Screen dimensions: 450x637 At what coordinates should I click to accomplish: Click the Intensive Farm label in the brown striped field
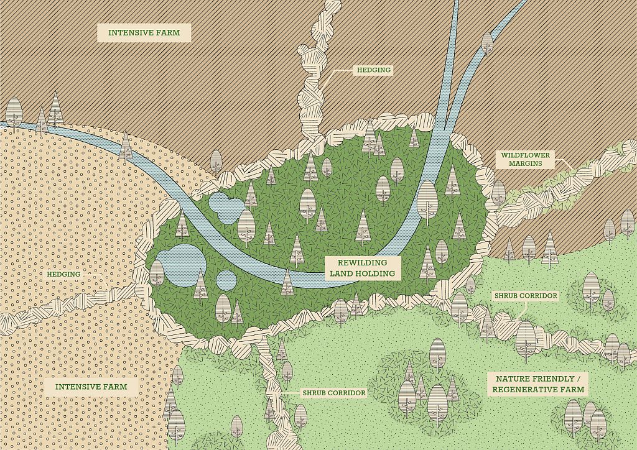pyautogui.click(x=144, y=32)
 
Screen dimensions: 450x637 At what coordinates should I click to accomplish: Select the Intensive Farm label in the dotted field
pyautogui.click(x=91, y=387)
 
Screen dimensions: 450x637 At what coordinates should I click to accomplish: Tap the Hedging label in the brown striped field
pyautogui.click(x=373, y=70)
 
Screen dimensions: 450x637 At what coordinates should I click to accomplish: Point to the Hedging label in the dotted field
pyautogui.click(x=63, y=274)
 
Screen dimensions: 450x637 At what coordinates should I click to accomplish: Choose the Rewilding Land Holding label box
pyautogui.click(x=362, y=268)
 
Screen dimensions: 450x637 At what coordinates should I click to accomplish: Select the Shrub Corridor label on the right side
pyautogui.click(x=525, y=296)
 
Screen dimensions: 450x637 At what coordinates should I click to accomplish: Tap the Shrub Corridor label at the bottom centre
pyautogui.click(x=333, y=393)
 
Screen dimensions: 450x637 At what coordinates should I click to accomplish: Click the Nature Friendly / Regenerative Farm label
pyautogui.click(x=539, y=384)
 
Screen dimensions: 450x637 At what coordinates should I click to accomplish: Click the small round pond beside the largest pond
pyautogui.click(x=226, y=280)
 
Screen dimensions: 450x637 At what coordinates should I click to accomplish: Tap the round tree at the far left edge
pyautogui.click(x=14, y=112)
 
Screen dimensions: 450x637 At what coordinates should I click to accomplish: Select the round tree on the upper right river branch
pyautogui.click(x=487, y=43)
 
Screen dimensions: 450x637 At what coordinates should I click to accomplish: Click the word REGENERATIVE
pyautogui.click(x=539, y=390)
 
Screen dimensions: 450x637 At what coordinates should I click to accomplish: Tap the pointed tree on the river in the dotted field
pyautogui.click(x=126, y=146)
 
